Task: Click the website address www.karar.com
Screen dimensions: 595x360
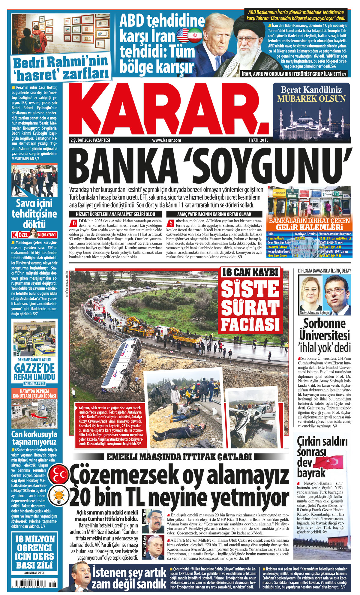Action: [166, 140]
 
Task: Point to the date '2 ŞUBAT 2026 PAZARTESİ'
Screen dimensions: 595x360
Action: [90, 140]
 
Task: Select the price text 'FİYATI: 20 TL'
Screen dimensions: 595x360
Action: [258, 140]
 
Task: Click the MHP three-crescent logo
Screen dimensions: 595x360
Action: [59, 475]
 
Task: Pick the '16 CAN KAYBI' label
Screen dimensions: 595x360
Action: [250, 273]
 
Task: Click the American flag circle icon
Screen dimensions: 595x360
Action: [183, 35]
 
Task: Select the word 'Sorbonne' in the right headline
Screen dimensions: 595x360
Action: [324, 323]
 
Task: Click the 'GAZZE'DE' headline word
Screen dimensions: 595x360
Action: [35, 368]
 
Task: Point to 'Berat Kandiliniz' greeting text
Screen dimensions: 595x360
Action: [311, 89]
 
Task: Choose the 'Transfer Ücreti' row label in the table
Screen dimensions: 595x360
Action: [276, 238]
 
